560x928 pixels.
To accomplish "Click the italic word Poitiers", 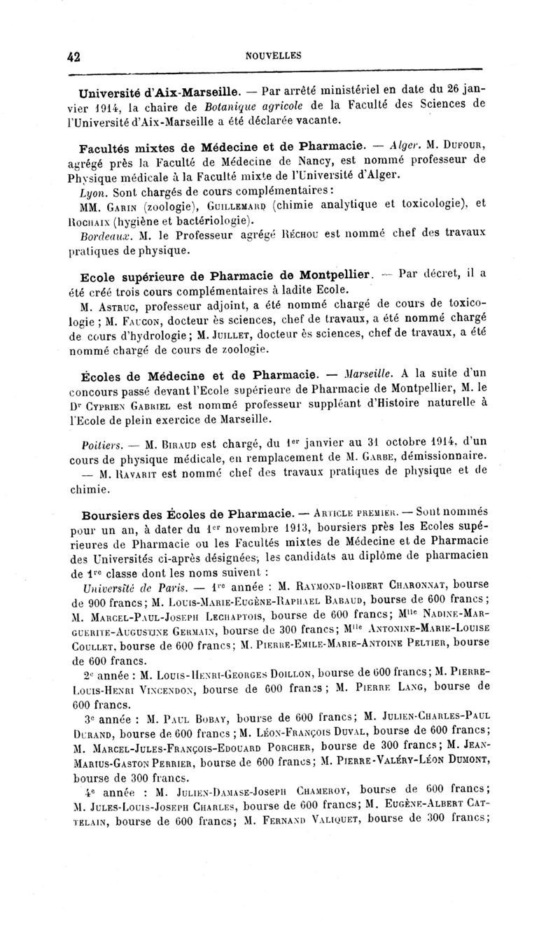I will pyautogui.click(x=101, y=443).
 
